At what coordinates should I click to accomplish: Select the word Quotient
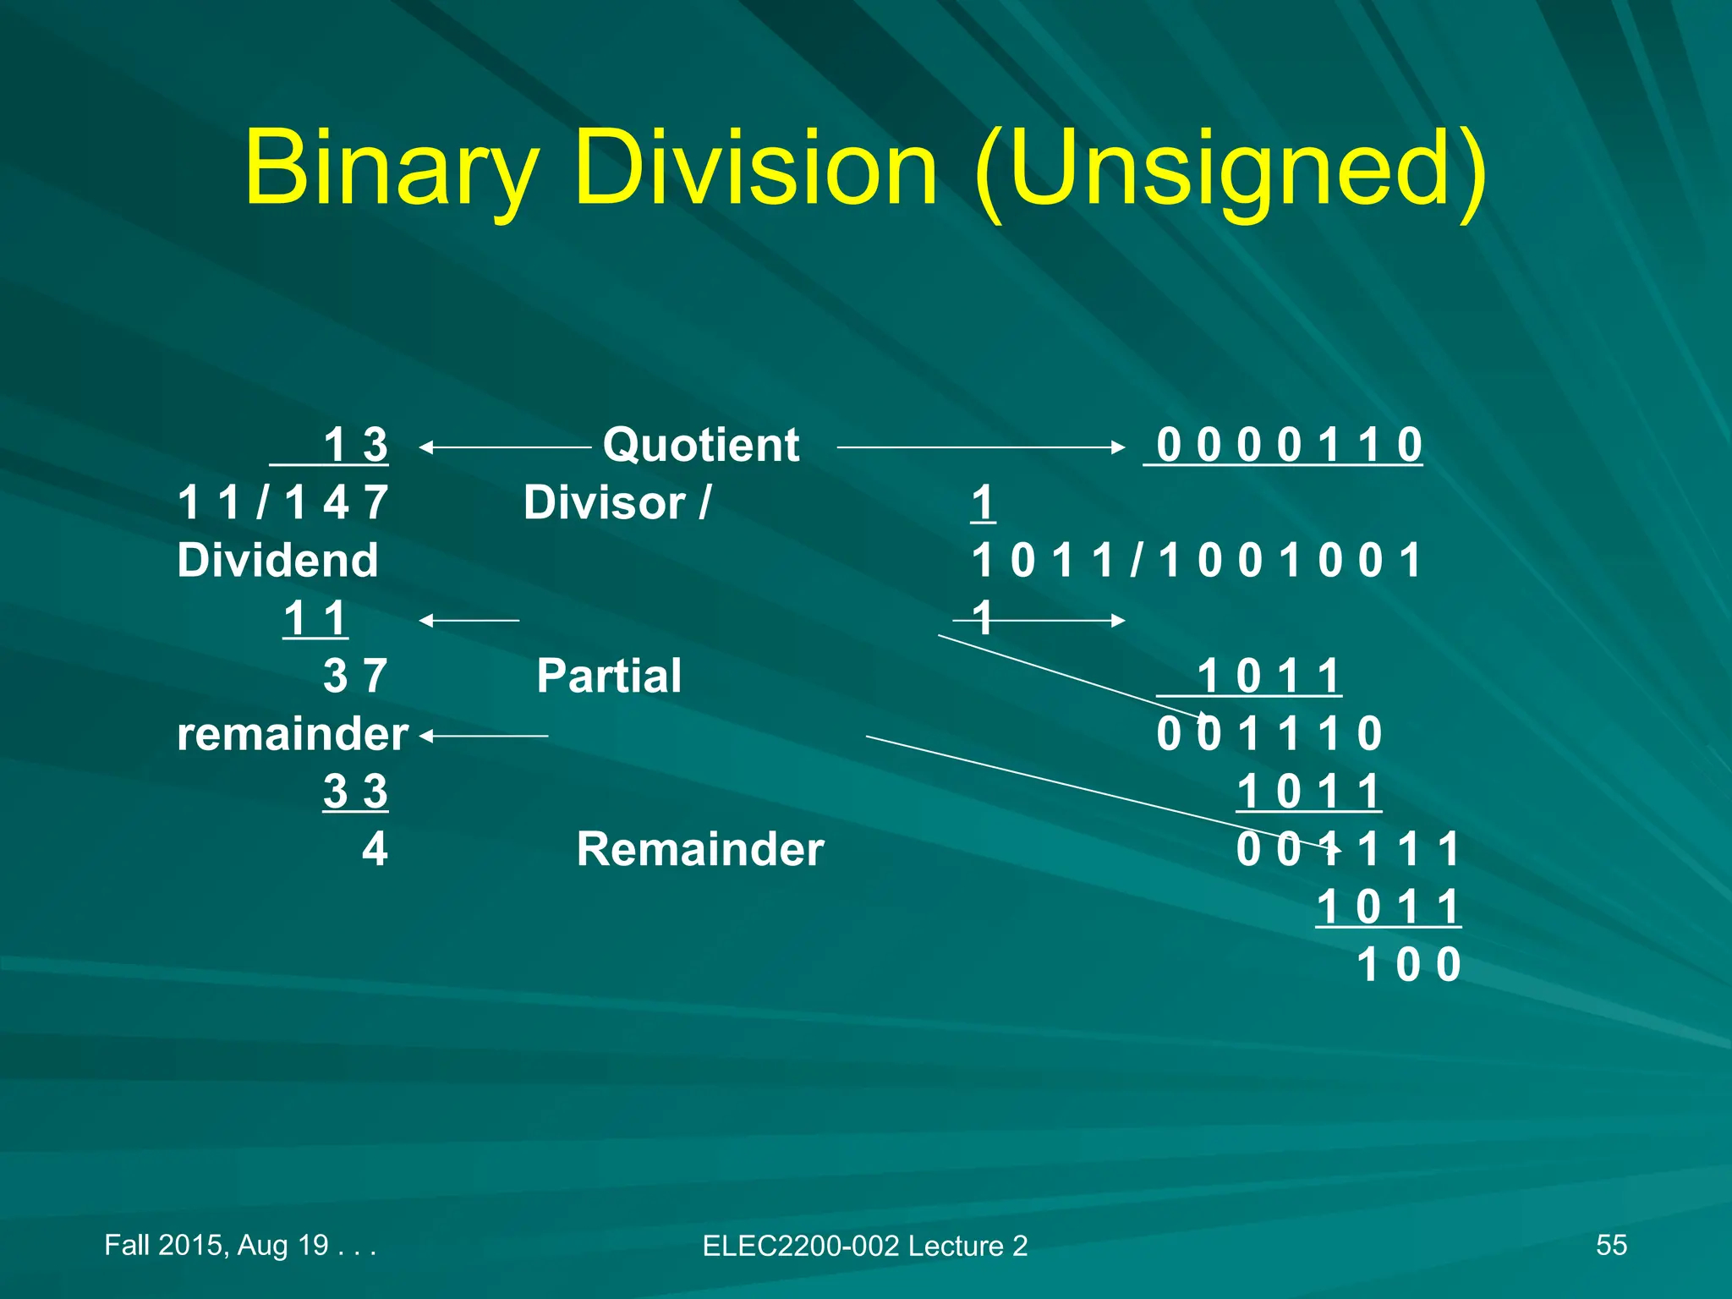click(700, 445)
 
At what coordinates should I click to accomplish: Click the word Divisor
click(604, 503)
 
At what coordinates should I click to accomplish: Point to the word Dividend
click(277, 561)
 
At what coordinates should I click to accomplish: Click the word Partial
click(609, 677)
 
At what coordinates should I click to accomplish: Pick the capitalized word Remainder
click(700, 849)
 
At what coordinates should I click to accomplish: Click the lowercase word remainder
click(293, 734)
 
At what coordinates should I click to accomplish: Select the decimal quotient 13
click(355, 445)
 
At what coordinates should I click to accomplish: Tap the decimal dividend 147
click(337, 503)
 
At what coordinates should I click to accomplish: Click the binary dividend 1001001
click(1289, 561)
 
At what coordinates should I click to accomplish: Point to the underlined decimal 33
click(355, 792)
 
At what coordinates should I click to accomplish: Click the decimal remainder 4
click(375, 849)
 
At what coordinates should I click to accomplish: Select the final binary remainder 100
click(1408, 965)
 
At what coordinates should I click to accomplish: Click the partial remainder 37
click(355, 677)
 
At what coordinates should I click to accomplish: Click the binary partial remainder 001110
click(1269, 734)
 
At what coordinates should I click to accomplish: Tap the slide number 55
click(1611, 1245)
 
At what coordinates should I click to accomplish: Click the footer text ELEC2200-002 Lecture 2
click(864, 1246)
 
